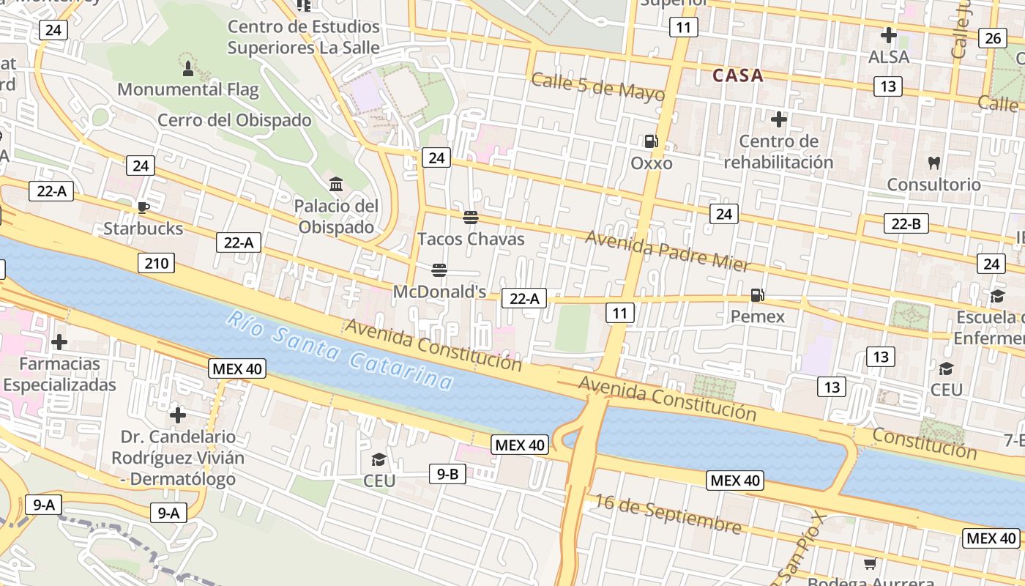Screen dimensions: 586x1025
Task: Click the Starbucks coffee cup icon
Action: point(143,207)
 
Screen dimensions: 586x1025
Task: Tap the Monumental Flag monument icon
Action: point(188,69)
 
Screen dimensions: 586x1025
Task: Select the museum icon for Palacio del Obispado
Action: point(336,184)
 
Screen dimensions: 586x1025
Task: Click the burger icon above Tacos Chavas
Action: point(471,218)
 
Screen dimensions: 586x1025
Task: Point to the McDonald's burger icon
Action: point(439,270)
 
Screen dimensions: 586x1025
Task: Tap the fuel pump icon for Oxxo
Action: point(651,141)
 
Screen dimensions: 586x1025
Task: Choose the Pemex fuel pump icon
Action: point(757,295)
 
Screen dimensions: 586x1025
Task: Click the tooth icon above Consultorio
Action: point(933,163)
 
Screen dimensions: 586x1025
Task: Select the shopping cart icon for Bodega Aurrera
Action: point(870,563)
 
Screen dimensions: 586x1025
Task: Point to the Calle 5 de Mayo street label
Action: point(598,87)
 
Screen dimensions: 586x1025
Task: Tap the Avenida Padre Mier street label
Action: point(668,251)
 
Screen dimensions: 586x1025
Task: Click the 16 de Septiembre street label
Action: point(668,513)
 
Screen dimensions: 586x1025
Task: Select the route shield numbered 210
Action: point(156,263)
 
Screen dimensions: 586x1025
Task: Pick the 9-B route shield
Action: point(447,474)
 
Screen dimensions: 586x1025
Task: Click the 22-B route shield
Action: point(906,224)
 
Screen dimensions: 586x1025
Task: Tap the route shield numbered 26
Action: point(992,38)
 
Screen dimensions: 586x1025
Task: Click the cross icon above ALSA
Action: point(888,35)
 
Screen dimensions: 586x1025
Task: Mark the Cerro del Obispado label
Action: point(234,120)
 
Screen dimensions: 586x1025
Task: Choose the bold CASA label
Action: point(738,75)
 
